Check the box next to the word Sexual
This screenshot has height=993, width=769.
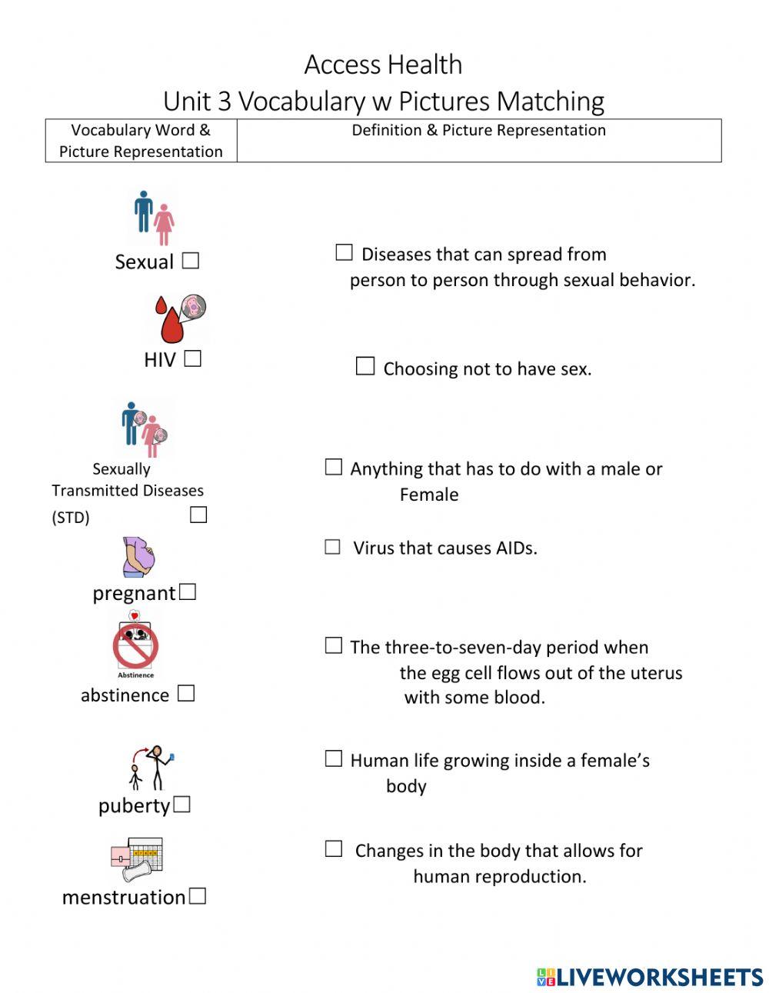pyautogui.click(x=191, y=261)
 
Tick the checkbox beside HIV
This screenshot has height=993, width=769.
pyautogui.click(x=192, y=358)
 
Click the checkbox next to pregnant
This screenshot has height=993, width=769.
pyautogui.click(x=188, y=592)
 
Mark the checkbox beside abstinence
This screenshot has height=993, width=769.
pyautogui.click(x=186, y=694)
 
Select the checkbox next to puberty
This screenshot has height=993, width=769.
pyautogui.click(x=181, y=805)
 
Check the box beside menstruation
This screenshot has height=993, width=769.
pyautogui.click(x=198, y=896)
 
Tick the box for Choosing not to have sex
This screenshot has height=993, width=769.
pyautogui.click(x=365, y=367)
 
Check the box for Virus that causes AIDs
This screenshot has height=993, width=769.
pyautogui.click(x=332, y=547)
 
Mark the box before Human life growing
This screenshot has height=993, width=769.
pyautogui.click(x=333, y=759)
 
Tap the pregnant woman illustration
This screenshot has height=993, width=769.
pyautogui.click(x=139, y=557)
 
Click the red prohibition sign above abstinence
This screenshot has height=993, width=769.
pyautogui.click(x=135, y=646)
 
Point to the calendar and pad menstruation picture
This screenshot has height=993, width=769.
pyautogui.click(x=136, y=858)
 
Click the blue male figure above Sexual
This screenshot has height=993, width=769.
pyautogui.click(x=143, y=212)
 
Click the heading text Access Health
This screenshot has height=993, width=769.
pyautogui.click(x=383, y=65)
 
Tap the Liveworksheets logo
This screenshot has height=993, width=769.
pyautogui.click(x=650, y=977)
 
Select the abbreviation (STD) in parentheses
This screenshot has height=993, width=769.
pyautogui.click(x=71, y=517)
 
